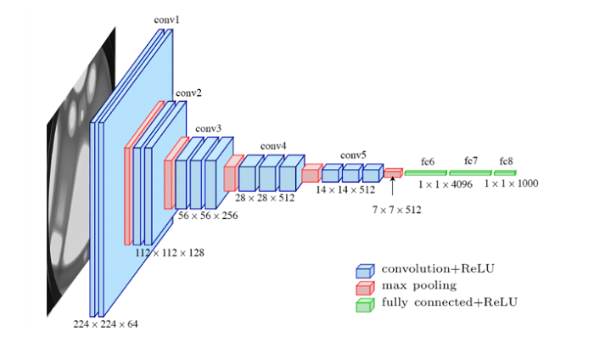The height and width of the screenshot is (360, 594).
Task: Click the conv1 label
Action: point(167,18)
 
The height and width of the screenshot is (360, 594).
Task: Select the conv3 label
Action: point(208,129)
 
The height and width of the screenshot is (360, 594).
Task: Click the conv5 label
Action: point(353,155)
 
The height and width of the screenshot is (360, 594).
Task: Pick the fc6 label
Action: point(427,160)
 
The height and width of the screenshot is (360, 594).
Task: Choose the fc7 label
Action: point(471,160)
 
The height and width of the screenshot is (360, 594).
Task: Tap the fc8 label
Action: point(507,160)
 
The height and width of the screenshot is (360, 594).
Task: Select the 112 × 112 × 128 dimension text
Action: point(169,252)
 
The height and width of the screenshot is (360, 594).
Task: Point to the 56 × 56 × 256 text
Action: point(208,217)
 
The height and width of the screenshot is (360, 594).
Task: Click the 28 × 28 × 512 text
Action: point(265,197)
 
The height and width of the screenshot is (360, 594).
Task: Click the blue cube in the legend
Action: point(364,271)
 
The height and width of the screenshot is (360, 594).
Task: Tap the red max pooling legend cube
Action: point(364,287)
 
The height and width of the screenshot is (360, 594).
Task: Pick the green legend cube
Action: point(364,303)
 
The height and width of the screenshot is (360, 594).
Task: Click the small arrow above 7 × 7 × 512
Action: point(393,186)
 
